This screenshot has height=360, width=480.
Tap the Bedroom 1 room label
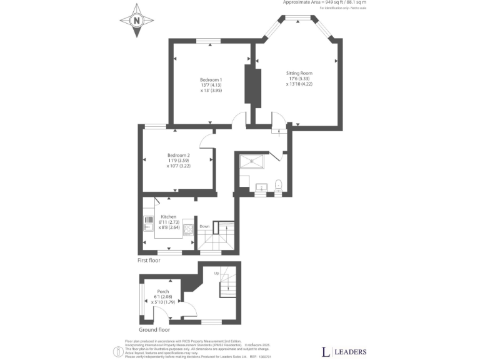pyautogui.click(x=211, y=79)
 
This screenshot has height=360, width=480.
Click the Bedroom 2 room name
pyautogui.click(x=177, y=155)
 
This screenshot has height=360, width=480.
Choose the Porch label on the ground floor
pyautogui.click(x=162, y=291)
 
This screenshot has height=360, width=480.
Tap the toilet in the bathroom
pyautogui.click(x=279, y=185)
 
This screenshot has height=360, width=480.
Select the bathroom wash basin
pyautogui.click(x=261, y=186)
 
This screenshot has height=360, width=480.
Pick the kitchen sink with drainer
pyautogui.click(x=148, y=220)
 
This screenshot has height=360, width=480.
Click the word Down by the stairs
pyautogui.click(x=204, y=226)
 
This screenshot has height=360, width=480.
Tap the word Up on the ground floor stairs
pyautogui.click(x=217, y=274)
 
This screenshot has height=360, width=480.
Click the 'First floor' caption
pyautogui.click(x=148, y=259)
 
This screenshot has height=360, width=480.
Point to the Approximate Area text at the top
pyautogui.click(x=324, y=2)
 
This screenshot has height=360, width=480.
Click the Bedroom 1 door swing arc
pyautogui.click(x=238, y=118)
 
